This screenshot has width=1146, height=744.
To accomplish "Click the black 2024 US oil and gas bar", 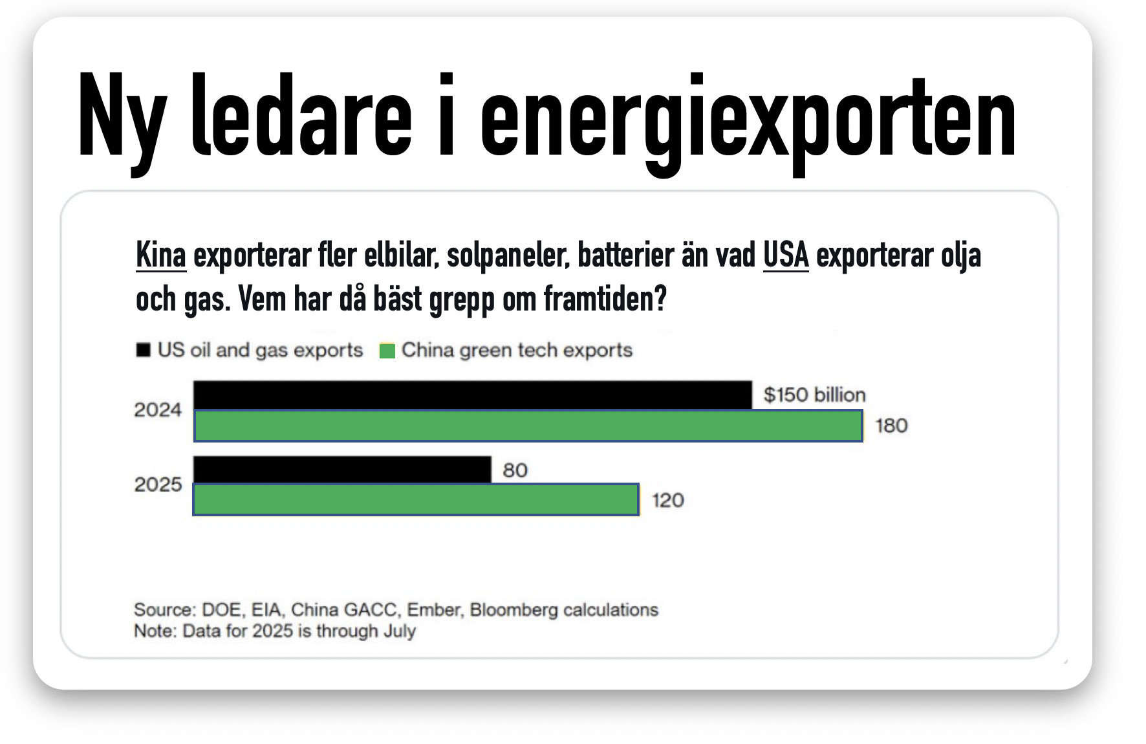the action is tap(473, 395).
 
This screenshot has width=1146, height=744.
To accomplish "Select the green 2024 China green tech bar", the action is tap(528, 426).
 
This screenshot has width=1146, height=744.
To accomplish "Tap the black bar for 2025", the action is tap(342, 470).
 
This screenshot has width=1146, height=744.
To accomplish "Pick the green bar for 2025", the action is tap(416, 499).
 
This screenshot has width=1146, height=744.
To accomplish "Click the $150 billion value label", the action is tap(814, 395).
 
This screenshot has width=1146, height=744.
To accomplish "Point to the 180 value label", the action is tap(892, 426).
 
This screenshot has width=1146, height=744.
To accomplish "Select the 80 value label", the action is tap(515, 470).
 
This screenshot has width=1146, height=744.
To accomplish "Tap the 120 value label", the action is tap(668, 500).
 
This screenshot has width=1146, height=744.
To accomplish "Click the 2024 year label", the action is tap(158, 410).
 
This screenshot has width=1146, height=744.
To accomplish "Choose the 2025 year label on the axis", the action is tap(158, 485).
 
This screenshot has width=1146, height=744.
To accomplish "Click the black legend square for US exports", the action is tap(143, 350).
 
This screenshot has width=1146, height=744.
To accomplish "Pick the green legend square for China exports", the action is tap(387, 351).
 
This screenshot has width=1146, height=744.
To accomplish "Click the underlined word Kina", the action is tap(161, 255).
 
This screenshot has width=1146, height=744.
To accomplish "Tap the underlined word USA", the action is tap(786, 255).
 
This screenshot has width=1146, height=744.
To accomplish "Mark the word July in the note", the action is tap(399, 631).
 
